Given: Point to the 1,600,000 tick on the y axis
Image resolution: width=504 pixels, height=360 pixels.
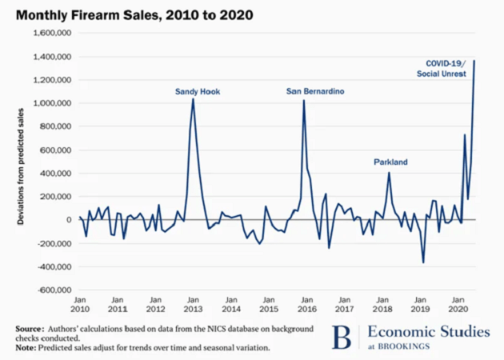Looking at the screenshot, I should point(49,34).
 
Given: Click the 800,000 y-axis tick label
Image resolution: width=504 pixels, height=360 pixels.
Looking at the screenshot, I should point(53,126).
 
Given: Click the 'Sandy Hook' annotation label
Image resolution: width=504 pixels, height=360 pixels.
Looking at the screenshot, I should point(197,92).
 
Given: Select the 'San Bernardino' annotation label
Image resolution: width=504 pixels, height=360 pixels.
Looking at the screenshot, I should point(315,92).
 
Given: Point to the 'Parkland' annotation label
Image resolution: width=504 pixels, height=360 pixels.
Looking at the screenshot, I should point(390,162).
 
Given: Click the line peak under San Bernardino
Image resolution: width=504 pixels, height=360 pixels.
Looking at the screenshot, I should point(304,101).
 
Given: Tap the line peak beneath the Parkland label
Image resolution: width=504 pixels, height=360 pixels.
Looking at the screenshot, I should point(390,172).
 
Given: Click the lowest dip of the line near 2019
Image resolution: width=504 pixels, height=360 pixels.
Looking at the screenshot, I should point(423,262).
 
